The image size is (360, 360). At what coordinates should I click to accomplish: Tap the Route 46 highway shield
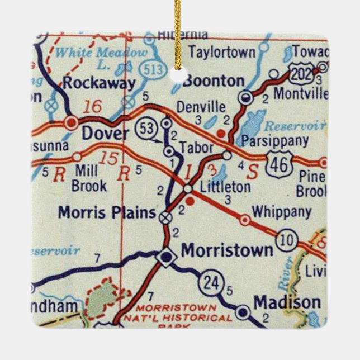point(278,163)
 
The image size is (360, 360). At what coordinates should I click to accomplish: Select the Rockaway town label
point(99,84)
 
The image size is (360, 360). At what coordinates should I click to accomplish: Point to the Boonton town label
point(214,81)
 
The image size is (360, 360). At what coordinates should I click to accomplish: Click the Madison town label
point(287,302)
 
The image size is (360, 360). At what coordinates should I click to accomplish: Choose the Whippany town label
point(281,212)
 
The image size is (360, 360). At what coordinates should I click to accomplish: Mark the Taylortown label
point(221,53)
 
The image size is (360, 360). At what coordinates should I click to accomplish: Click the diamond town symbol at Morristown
point(165,257)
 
